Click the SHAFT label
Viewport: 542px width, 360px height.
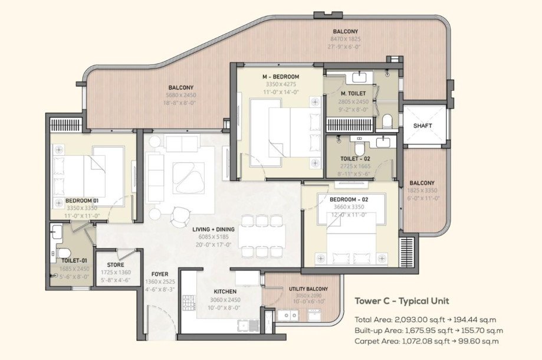tap(422, 126)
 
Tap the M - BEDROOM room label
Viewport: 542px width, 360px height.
tap(281, 77)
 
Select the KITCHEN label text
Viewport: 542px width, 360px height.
tap(225, 292)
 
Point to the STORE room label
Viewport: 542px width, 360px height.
tap(116, 265)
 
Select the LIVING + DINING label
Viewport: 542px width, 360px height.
tap(213, 229)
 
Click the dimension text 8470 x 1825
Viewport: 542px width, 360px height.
tap(345, 38)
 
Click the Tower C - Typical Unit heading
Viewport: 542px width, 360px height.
tap(402, 301)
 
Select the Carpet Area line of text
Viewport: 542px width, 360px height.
tap(426, 341)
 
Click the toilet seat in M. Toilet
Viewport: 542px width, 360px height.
tap(387, 122)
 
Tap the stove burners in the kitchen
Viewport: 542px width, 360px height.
tap(189, 302)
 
